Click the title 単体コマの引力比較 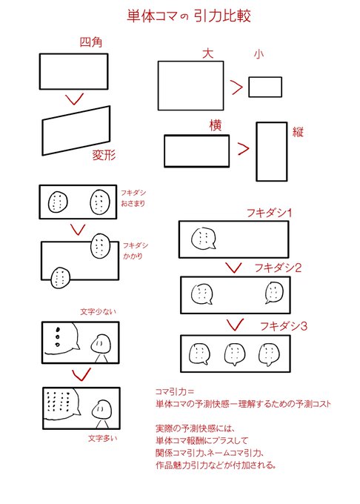(x=188, y=16)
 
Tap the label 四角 (x=91, y=42)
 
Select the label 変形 (x=104, y=155)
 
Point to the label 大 (x=208, y=53)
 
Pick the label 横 (x=216, y=125)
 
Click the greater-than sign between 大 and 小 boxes (x=237, y=87)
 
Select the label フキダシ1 (x=269, y=213)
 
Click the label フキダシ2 (x=278, y=268)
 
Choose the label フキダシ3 (x=284, y=326)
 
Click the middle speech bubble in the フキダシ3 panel (x=235, y=354)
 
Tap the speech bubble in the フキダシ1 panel (x=203, y=239)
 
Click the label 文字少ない (x=98, y=311)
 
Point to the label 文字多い (x=103, y=438)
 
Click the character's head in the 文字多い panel (x=101, y=409)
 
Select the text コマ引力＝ (x=175, y=391)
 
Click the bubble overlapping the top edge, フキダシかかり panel (x=101, y=246)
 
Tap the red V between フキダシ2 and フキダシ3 (x=235, y=325)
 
